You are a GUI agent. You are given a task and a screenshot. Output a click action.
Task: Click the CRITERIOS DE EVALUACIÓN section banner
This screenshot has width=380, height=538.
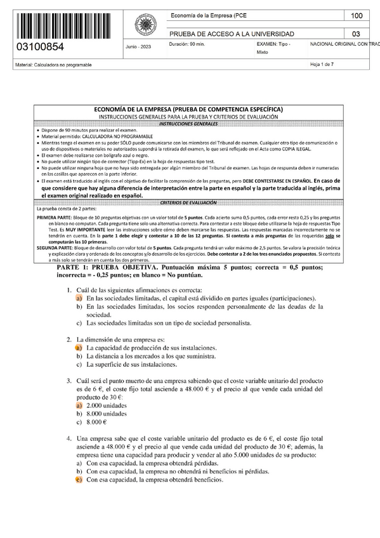pyautogui.click(x=190, y=202)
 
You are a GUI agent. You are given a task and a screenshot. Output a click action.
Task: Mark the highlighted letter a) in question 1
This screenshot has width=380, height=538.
pyautogui.click(x=79, y=298)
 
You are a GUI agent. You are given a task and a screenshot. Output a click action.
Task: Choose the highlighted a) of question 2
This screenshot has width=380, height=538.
pyautogui.click(x=79, y=348)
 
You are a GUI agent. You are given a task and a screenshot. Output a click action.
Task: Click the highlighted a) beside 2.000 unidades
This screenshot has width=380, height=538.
pyautogui.click(x=79, y=404)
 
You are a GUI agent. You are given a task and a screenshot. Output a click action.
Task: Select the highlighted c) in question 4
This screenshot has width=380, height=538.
pyautogui.click(x=79, y=480)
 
